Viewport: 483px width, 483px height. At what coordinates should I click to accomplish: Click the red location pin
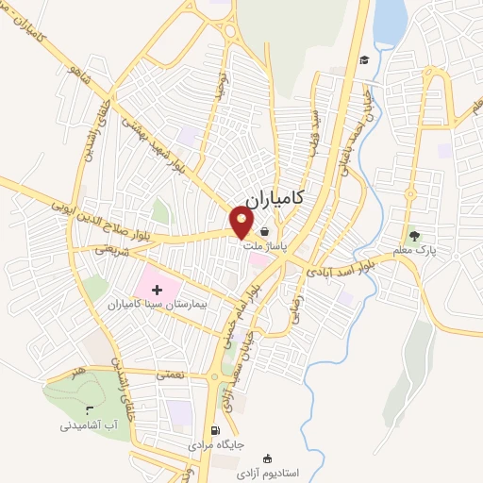coord(242,222)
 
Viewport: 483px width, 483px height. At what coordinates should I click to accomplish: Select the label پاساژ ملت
coord(265,247)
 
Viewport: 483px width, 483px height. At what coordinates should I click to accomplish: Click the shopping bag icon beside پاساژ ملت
coord(265,231)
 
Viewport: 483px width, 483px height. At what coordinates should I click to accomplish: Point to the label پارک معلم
coord(413,251)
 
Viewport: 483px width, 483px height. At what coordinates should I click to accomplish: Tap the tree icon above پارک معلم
coord(413,235)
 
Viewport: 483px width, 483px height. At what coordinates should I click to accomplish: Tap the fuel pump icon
coord(216,430)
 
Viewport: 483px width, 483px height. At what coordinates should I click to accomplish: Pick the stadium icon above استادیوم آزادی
coord(275,458)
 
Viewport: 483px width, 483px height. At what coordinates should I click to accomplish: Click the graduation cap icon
coord(362,60)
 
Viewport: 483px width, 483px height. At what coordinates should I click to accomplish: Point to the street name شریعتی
coord(111,250)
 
